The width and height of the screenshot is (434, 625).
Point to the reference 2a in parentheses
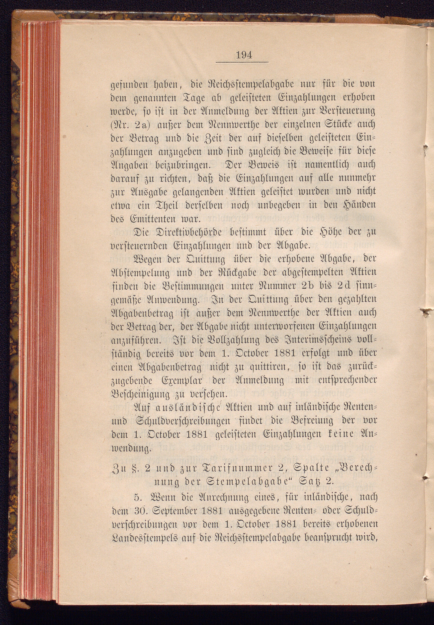[145, 125]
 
